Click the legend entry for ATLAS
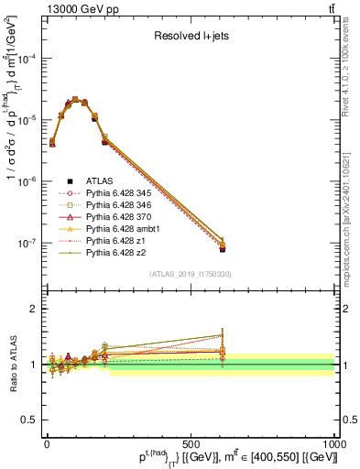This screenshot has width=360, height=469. pos(100,181)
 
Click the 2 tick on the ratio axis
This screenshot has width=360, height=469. pos(35,309)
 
